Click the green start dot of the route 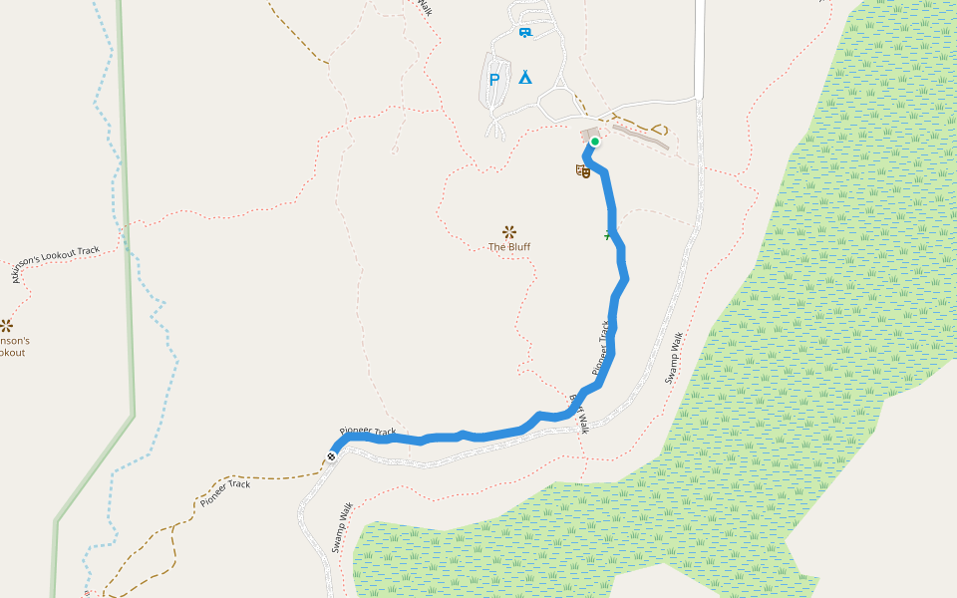(x=595, y=143)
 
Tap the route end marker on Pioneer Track (x=331, y=456)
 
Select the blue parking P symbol (x=493, y=80)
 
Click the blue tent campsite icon (x=524, y=77)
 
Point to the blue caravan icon (x=524, y=33)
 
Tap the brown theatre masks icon (x=583, y=171)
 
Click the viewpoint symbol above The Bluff (x=509, y=231)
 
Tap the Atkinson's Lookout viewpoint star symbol (x=6, y=325)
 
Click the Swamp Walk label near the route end (x=343, y=526)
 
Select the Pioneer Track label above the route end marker (x=367, y=432)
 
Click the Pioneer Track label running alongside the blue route (x=600, y=348)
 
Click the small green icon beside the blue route (x=607, y=236)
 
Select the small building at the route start (x=588, y=134)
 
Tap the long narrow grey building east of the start (x=640, y=137)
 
